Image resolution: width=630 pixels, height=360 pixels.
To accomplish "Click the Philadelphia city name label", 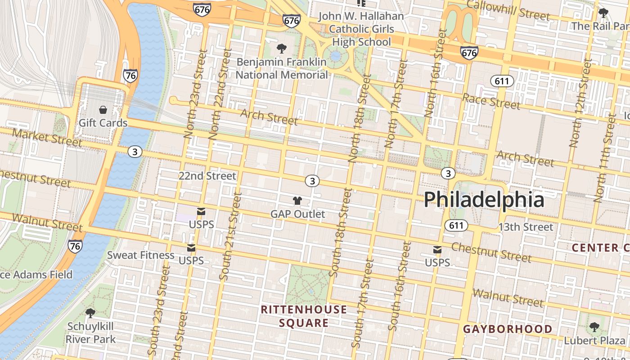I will (x=484, y=199).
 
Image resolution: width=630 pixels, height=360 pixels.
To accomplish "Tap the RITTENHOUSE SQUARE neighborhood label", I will (x=304, y=316).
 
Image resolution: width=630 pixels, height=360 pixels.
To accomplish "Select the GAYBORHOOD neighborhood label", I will (x=508, y=329).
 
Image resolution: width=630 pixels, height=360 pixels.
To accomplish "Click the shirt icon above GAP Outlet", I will (x=297, y=201).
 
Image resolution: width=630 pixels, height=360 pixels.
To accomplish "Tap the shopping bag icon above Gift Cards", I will (x=103, y=110).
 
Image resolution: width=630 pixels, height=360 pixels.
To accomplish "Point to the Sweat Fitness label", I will (x=140, y=255).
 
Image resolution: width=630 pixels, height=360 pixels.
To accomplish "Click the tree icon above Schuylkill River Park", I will (x=90, y=312).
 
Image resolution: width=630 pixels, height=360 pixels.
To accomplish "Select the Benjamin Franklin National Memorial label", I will (x=282, y=68).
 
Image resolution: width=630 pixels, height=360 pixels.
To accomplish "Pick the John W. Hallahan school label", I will (x=361, y=29).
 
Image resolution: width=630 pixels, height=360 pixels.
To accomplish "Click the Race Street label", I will (x=491, y=102).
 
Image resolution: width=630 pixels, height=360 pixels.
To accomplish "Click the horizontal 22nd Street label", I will (x=207, y=175).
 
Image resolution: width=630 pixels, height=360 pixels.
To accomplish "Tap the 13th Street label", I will (x=525, y=227).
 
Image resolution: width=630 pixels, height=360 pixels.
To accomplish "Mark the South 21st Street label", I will (x=231, y=236).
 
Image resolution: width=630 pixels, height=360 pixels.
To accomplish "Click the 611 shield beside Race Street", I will (x=502, y=81).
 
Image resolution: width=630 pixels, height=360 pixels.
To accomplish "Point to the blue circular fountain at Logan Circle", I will (x=335, y=56).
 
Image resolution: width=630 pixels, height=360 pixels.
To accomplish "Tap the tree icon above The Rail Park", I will (x=603, y=13).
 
